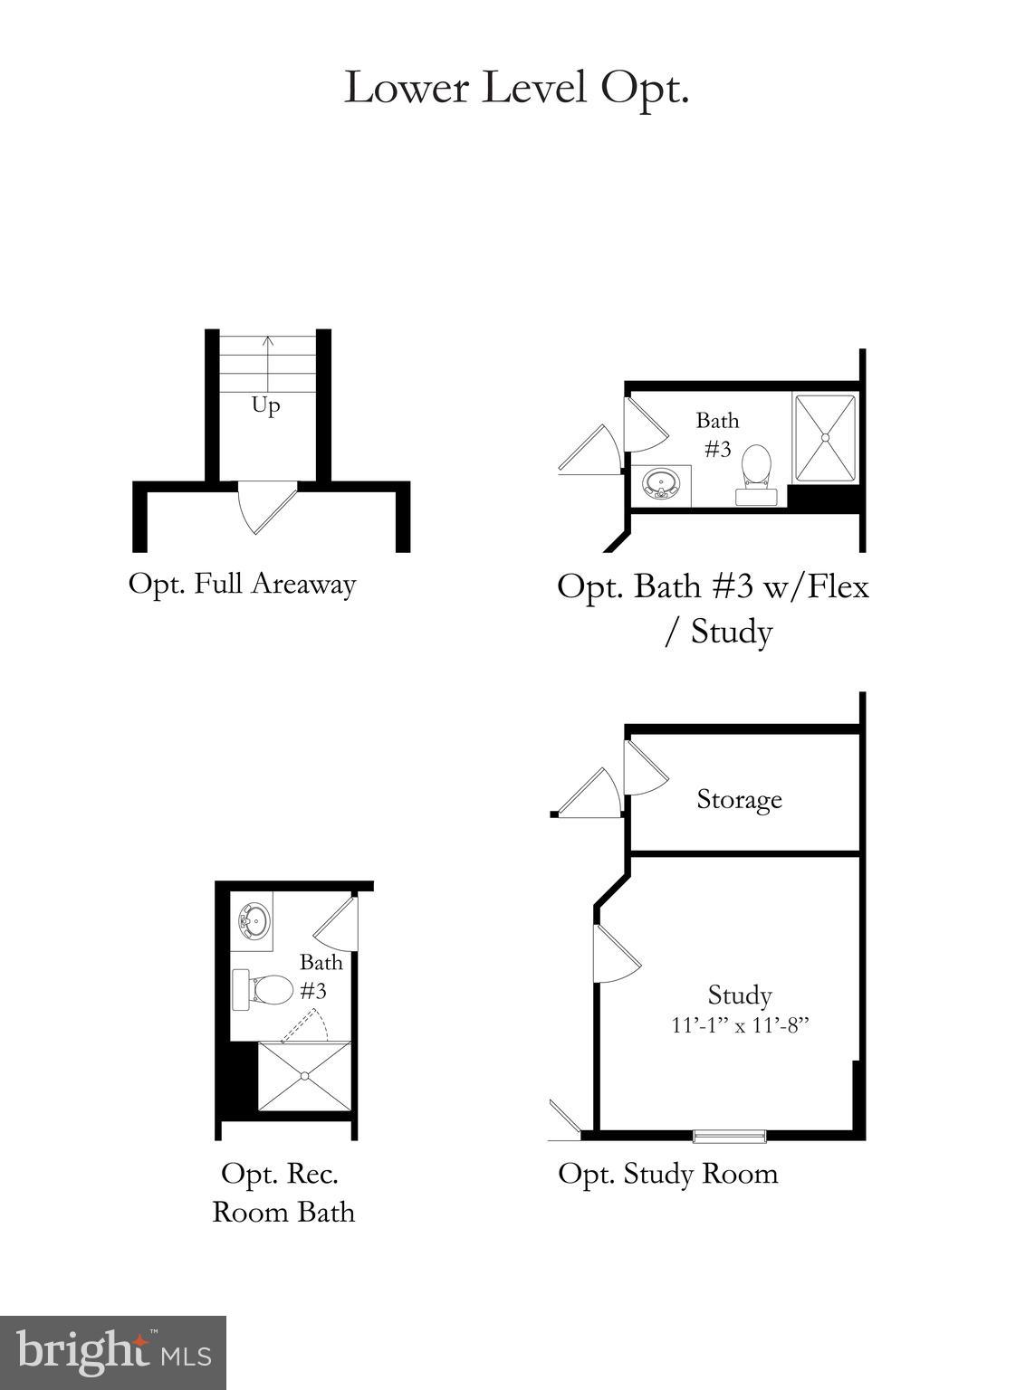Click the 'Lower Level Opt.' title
point(516,89)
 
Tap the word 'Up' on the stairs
point(265,405)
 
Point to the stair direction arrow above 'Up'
point(268,362)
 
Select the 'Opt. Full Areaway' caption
point(242,584)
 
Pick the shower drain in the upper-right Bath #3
point(825,438)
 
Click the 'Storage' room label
point(739,799)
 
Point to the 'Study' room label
point(740,995)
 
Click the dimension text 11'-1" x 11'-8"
point(740,1025)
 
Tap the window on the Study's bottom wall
point(730,1136)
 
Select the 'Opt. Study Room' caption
point(668,1174)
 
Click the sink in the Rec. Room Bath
point(254,922)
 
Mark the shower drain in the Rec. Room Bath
point(305,1075)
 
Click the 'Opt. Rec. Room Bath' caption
point(283,1193)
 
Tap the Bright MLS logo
point(113,1353)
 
